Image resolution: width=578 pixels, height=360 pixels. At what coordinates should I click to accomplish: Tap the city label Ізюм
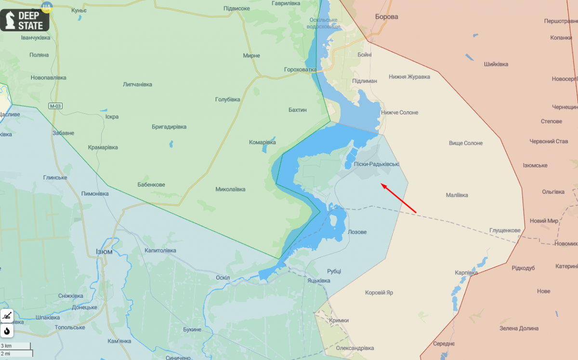[104, 252]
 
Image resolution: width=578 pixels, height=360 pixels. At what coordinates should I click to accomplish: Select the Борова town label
[386, 17]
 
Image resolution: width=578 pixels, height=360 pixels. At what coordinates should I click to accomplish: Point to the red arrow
[398, 198]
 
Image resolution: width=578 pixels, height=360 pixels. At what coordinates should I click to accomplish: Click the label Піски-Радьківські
[376, 164]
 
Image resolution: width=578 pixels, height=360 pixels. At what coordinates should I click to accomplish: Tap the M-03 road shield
[55, 106]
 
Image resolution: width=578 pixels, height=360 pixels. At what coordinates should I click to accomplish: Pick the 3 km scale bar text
[6, 346]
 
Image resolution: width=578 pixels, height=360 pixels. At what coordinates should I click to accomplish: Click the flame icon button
[7, 331]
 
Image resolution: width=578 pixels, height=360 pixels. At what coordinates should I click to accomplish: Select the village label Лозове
[357, 232]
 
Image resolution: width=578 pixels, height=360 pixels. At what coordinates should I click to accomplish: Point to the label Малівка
[457, 195]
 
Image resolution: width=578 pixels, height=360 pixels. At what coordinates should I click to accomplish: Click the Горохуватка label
[300, 70]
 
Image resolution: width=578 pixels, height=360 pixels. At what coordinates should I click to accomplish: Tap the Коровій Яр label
[379, 293]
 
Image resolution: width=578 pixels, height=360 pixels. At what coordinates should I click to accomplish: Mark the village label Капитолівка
[160, 251]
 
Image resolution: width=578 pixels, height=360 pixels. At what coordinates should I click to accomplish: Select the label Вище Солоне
[465, 143]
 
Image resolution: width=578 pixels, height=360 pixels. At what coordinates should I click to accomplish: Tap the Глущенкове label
[505, 230]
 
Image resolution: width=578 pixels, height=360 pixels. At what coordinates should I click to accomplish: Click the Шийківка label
[496, 64]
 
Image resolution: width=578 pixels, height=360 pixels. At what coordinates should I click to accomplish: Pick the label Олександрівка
[355, 348]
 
